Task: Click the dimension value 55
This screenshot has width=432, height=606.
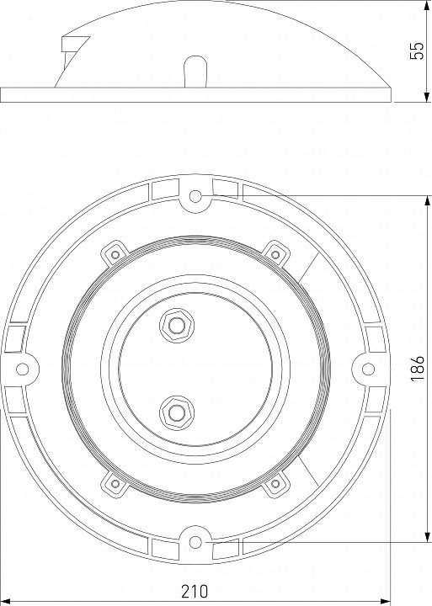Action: (417, 50)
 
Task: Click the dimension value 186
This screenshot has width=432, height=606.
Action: (418, 368)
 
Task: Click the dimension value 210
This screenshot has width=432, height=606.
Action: (195, 592)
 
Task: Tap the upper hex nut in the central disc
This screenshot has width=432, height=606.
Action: (177, 326)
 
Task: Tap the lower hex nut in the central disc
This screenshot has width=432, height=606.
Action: (177, 412)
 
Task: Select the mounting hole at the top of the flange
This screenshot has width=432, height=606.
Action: (195, 196)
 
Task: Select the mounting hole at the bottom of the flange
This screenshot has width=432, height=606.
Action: (195, 542)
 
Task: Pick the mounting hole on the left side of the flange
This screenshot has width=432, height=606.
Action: (22, 369)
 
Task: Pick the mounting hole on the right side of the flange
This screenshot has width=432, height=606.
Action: (368, 369)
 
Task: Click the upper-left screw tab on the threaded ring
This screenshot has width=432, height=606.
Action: (115, 253)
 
